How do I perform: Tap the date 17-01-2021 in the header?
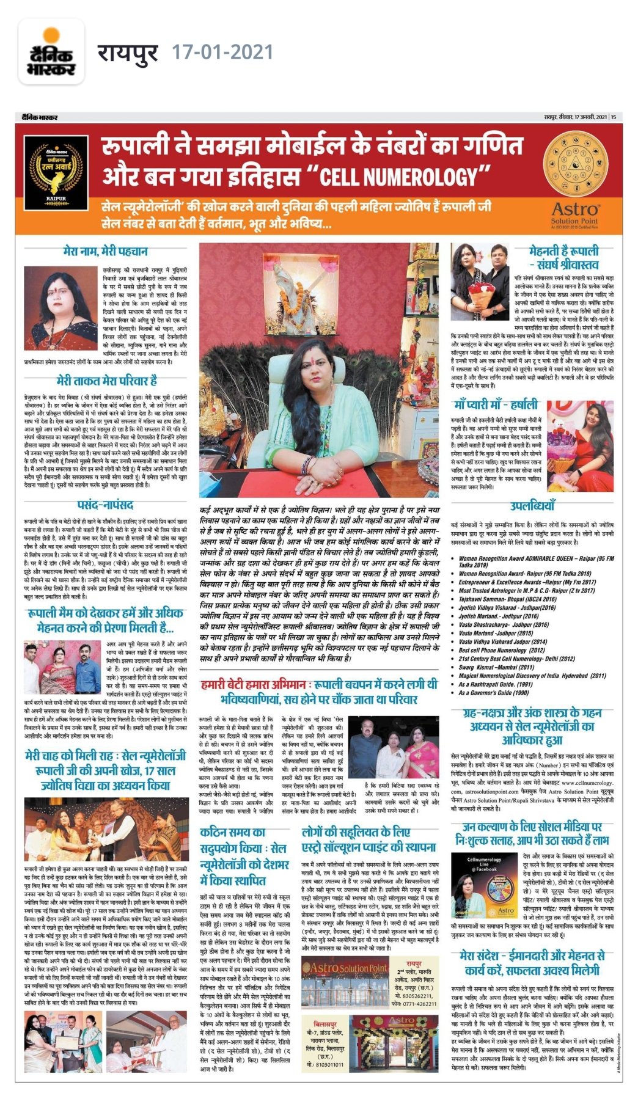click(x=222, y=53)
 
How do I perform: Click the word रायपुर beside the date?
click(x=128, y=53)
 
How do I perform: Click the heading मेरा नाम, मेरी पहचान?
click(x=105, y=251)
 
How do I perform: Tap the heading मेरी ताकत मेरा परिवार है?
click(x=107, y=381)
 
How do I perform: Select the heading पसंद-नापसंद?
click(x=105, y=505)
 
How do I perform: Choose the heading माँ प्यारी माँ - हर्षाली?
click(x=496, y=404)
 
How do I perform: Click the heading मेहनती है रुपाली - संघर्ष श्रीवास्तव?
click(x=563, y=257)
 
